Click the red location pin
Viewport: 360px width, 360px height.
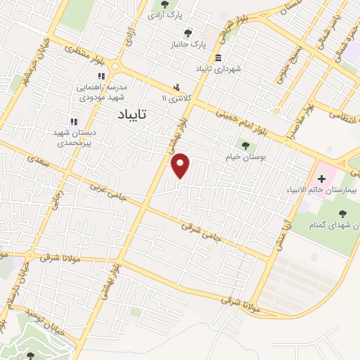[181, 165]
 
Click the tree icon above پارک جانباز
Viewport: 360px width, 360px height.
[187, 32]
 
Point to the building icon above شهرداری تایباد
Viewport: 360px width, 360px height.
[219, 58]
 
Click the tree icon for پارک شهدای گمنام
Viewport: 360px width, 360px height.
[342, 214]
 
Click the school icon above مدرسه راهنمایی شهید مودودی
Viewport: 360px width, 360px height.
[101, 76]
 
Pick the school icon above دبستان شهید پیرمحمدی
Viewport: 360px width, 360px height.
[73, 121]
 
